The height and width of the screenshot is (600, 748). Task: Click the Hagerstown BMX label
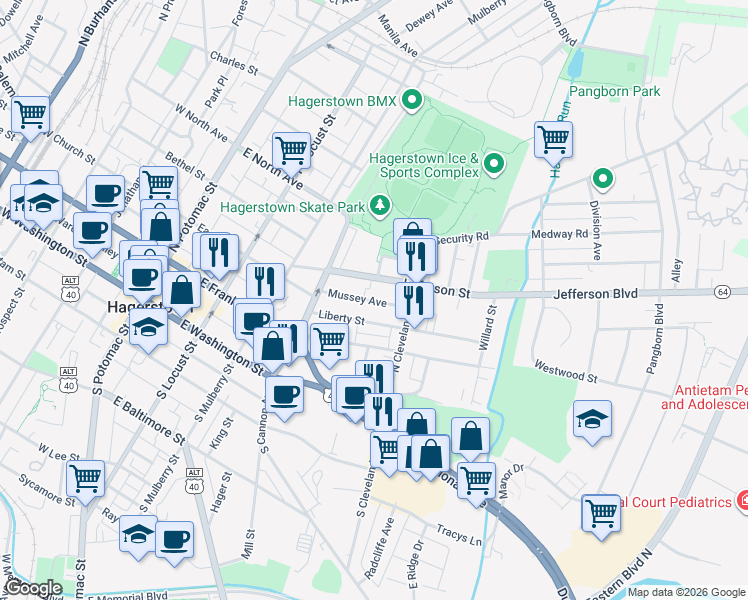click(342, 101)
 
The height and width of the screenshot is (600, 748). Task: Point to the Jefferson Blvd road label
click(595, 295)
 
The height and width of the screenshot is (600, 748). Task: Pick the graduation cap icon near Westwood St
click(593, 420)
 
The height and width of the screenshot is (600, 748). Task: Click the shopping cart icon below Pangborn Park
click(553, 140)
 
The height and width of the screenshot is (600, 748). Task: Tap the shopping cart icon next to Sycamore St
click(86, 478)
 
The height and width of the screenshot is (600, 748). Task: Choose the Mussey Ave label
click(356, 300)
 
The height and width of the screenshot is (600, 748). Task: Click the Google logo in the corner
click(32, 588)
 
